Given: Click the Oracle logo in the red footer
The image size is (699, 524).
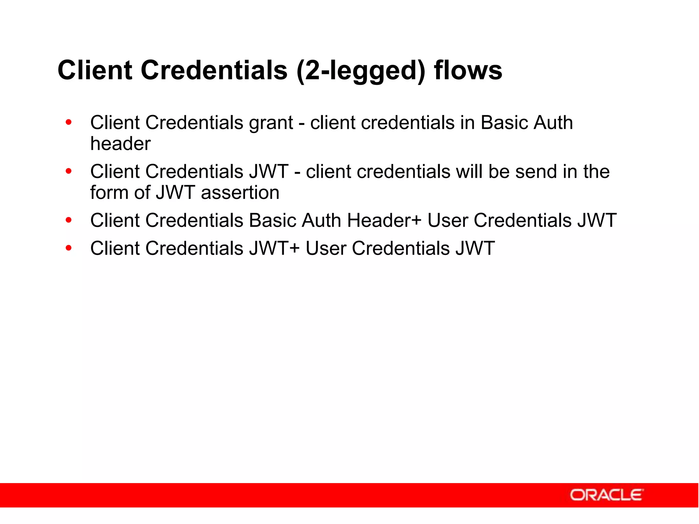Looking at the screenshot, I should click(x=606, y=495).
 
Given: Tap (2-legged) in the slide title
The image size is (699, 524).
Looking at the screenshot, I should click(x=361, y=71).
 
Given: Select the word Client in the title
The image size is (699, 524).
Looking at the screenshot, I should click(x=95, y=70).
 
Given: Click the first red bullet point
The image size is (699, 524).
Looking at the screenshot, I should click(x=69, y=122).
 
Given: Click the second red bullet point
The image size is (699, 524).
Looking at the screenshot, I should click(x=69, y=171).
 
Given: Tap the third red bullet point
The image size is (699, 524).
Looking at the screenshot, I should click(x=69, y=220).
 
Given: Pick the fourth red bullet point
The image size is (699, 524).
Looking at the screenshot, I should click(x=69, y=248).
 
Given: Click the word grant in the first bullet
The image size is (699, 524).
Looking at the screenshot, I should click(x=271, y=123).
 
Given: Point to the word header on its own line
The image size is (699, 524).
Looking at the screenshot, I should click(x=120, y=144).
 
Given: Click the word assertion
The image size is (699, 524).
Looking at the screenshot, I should click(x=240, y=193).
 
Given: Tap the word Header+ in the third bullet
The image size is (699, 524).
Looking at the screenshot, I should click(x=384, y=220).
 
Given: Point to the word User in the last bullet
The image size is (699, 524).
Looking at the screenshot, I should click(x=326, y=248).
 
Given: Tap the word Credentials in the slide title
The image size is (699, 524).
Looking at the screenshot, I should click(x=214, y=70).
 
